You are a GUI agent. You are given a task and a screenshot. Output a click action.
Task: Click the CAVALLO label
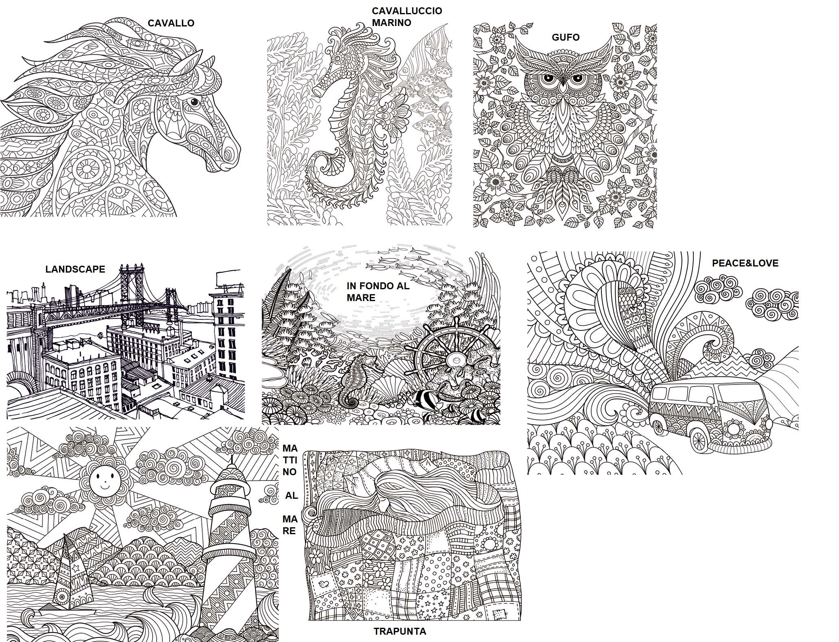[171, 23]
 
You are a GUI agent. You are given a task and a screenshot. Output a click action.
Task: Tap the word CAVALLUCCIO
[407, 11]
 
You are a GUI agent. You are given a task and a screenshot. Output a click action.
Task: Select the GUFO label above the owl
[566, 37]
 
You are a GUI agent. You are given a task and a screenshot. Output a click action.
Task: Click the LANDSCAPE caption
[75, 269]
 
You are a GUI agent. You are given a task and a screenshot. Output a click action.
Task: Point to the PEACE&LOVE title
[745, 263]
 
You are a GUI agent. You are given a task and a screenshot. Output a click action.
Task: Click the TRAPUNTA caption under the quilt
[400, 631]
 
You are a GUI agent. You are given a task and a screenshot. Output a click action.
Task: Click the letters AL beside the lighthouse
[291, 496]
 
